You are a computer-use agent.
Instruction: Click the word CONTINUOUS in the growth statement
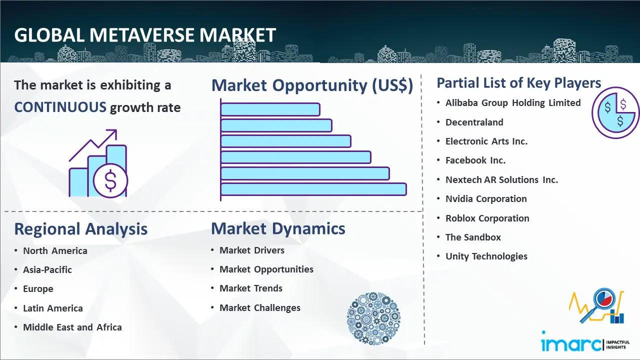click(x=60, y=107)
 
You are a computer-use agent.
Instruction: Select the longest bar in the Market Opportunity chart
click(x=313, y=189)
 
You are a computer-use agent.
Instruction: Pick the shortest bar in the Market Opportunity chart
click(x=270, y=109)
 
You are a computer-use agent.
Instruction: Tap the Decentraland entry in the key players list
click(x=474, y=122)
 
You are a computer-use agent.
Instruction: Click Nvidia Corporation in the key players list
click(x=486, y=199)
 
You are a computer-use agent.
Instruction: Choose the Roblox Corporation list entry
click(x=487, y=218)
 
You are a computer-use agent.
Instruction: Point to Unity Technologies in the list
click(x=486, y=256)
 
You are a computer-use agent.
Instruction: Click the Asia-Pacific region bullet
click(x=47, y=269)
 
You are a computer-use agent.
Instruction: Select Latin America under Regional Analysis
click(x=53, y=308)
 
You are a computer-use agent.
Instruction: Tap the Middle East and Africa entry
click(x=72, y=327)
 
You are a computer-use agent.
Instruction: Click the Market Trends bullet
click(x=251, y=288)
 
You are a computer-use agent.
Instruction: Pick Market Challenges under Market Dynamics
click(x=259, y=307)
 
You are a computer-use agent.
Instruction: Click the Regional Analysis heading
click(x=81, y=229)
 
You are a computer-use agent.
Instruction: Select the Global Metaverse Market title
click(x=145, y=35)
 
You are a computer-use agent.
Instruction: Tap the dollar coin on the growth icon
click(x=110, y=180)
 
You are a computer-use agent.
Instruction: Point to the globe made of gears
click(x=373, y=318)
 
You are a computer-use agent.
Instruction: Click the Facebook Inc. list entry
click(x=475, y=160)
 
